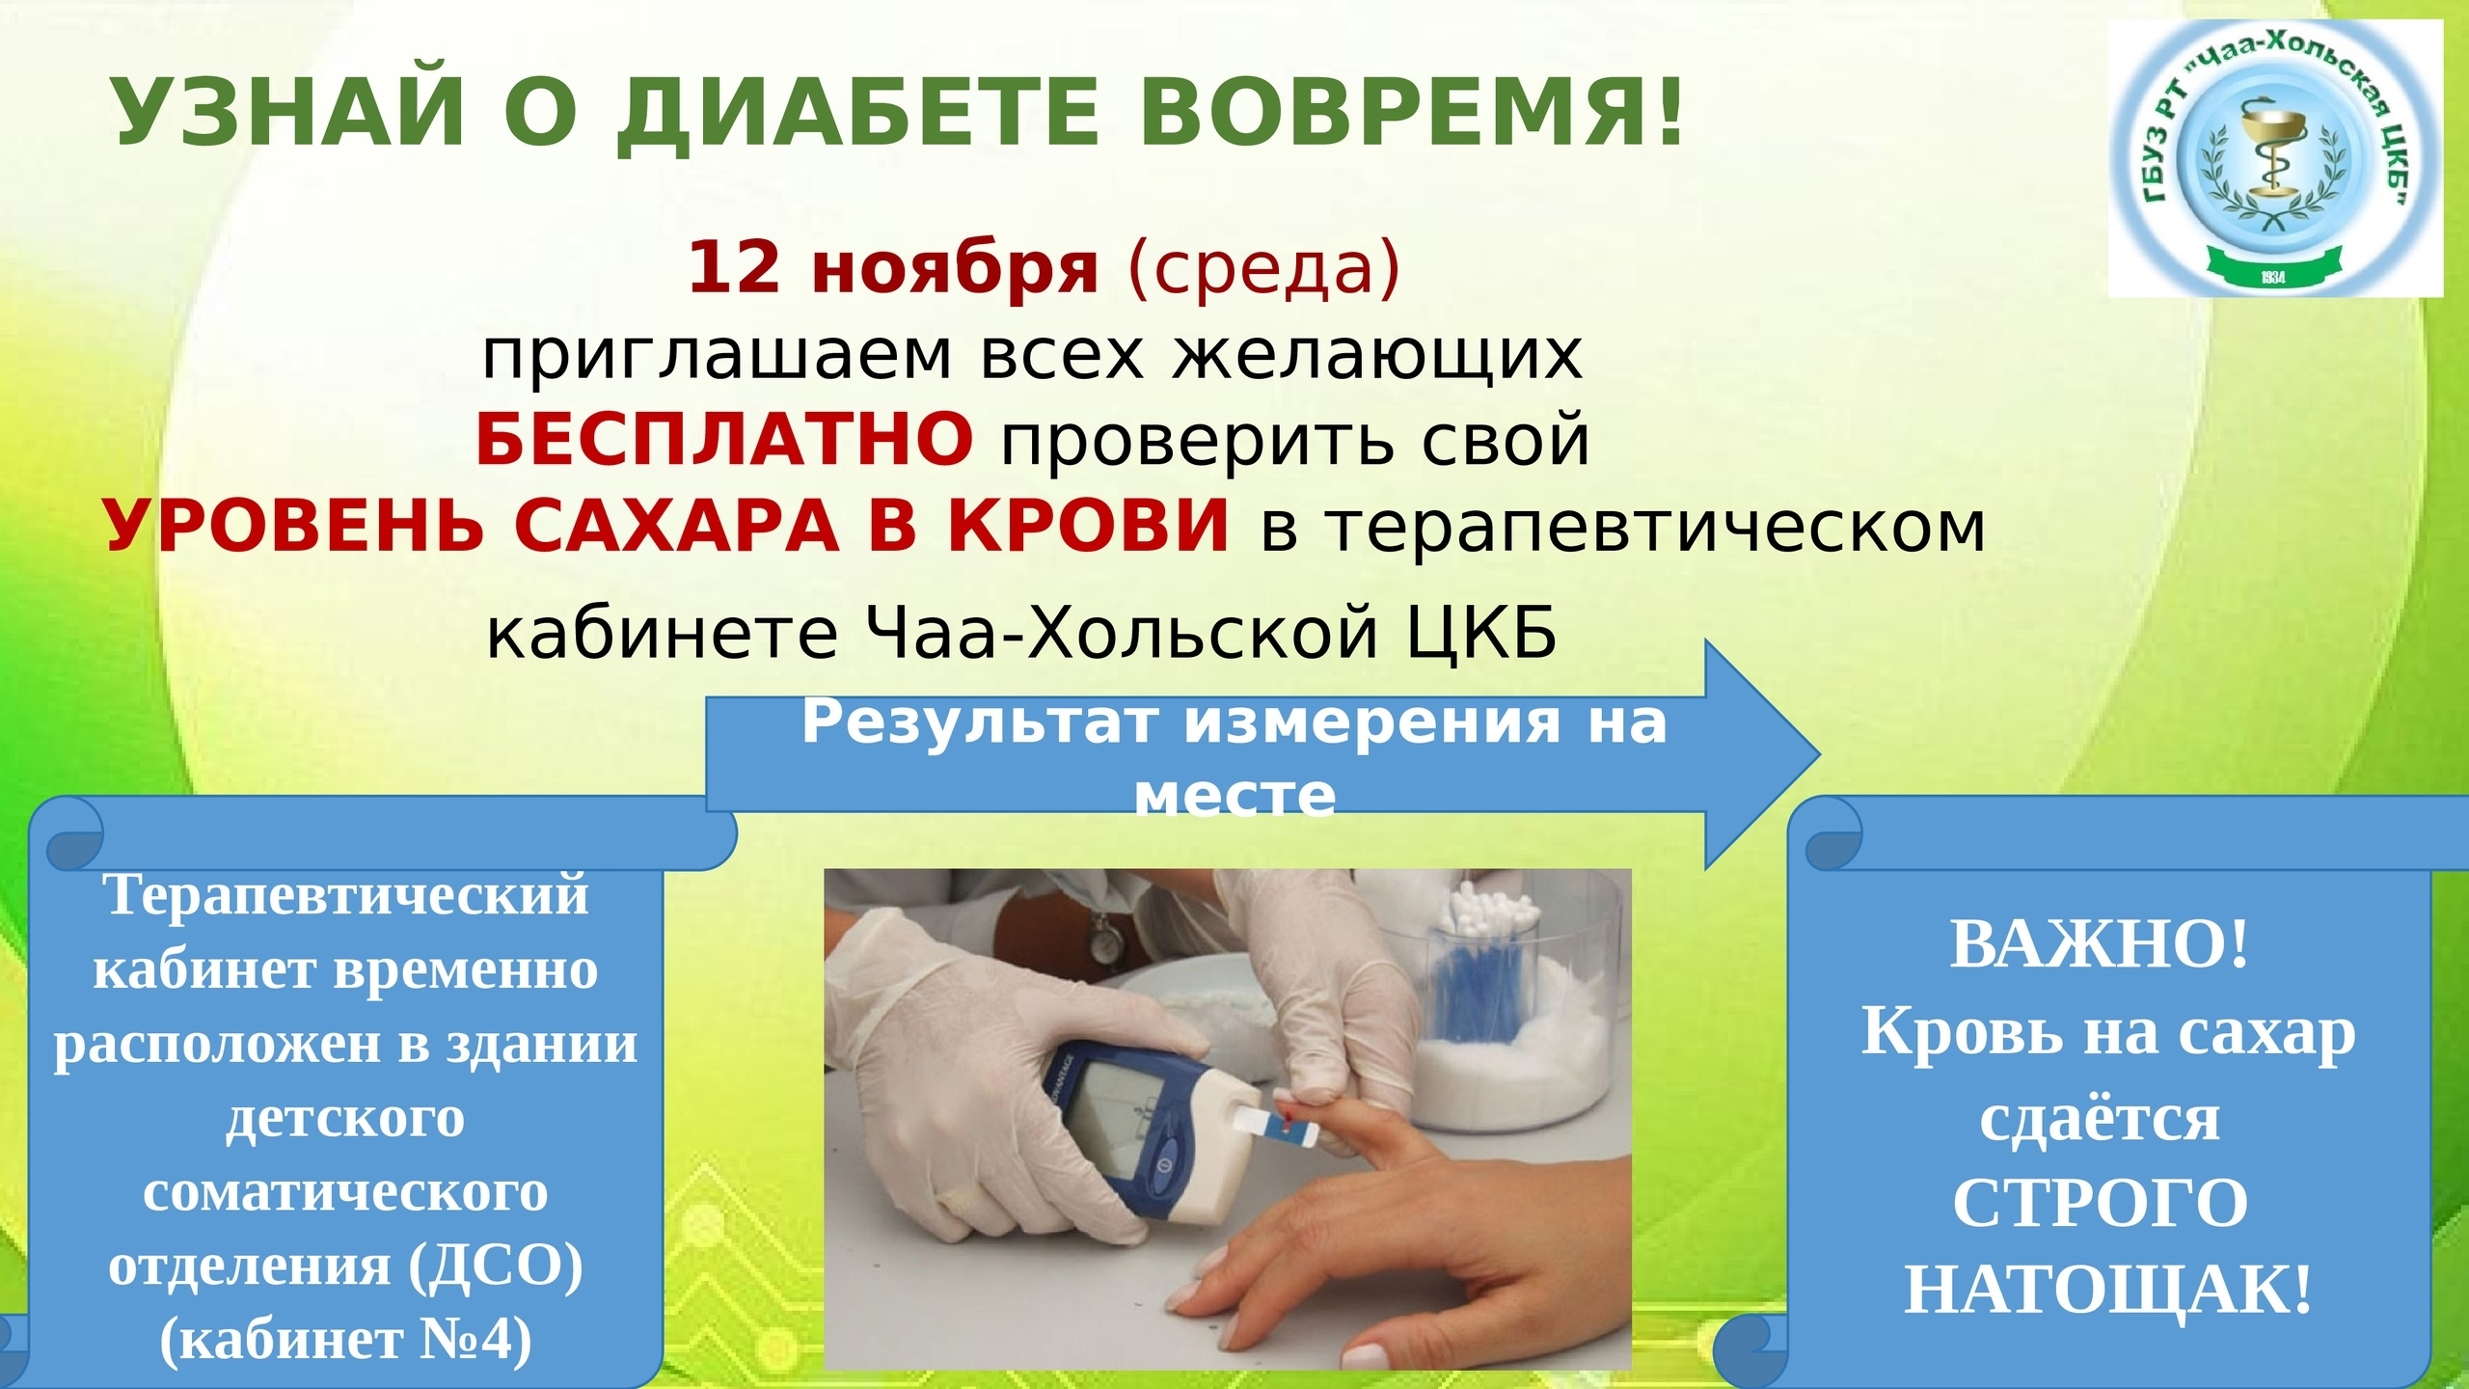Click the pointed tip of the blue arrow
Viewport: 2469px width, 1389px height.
[1820, 753]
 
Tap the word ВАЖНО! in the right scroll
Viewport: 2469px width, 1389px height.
[2100, 944]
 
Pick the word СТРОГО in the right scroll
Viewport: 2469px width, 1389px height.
[2100, 1203]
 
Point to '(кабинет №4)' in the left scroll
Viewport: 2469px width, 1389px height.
[345, 1341]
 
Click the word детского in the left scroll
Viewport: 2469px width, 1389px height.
[345, 1120]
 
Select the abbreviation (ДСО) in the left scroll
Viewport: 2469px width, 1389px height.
[496, 1266]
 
